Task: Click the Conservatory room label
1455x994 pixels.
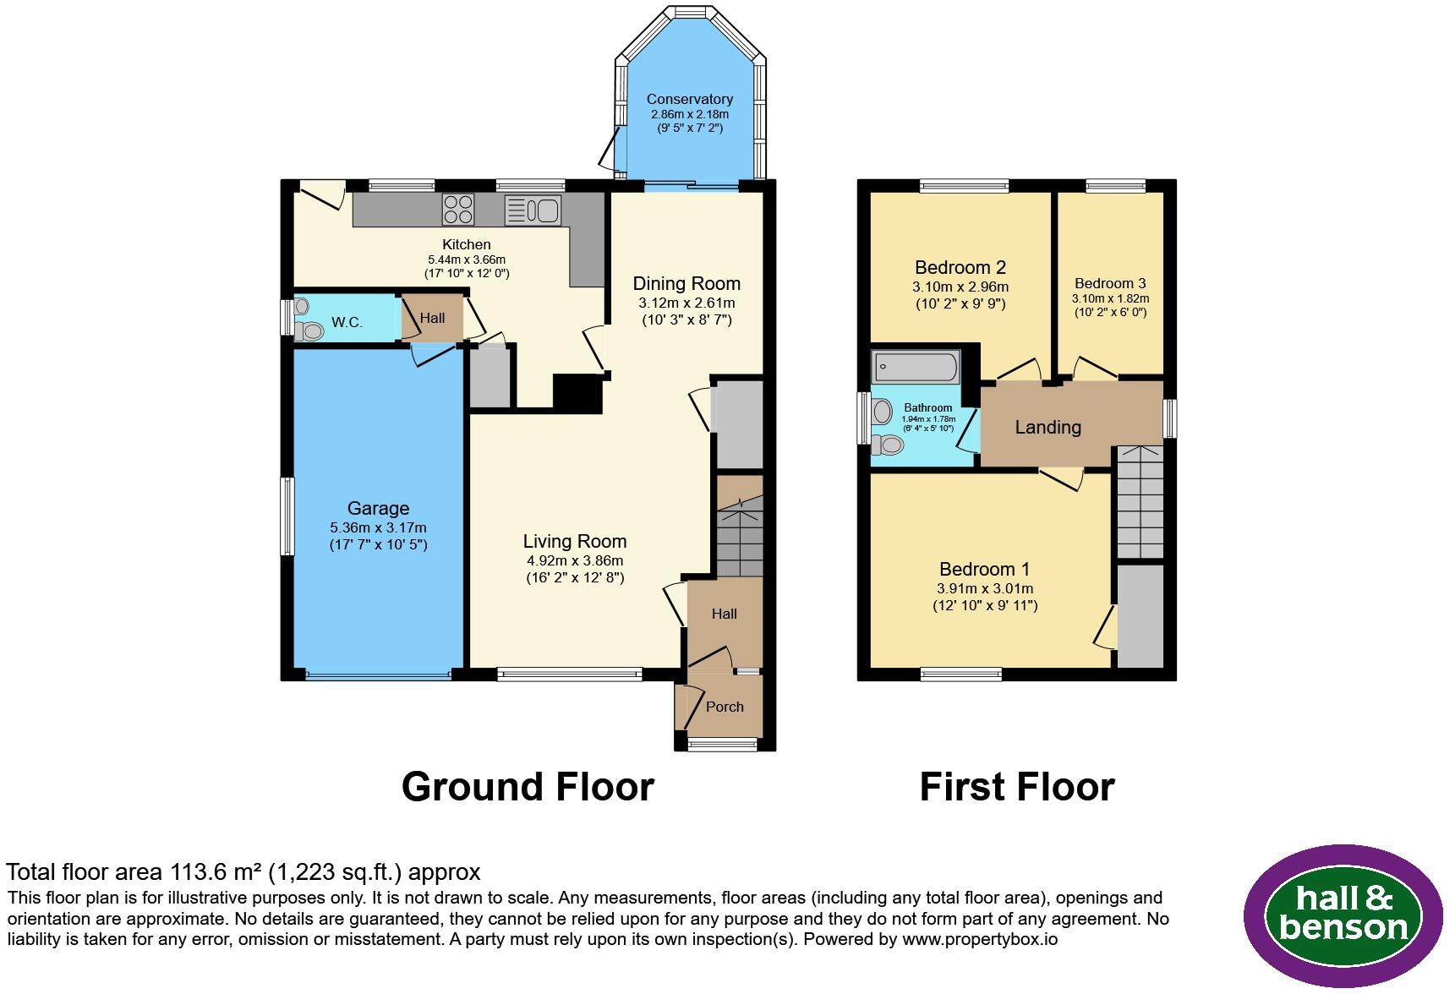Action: [689, 100]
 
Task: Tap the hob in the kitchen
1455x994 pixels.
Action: [458, 209]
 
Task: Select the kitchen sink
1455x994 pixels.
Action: [533, 210]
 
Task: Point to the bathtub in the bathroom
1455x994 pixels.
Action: [916, 367]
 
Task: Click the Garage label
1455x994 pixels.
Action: [378, 508]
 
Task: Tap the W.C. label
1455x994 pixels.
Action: [347, 322]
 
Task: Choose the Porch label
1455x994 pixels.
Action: [725, 707]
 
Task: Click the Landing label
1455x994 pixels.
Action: [1047, 427]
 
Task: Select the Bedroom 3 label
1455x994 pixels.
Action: [1110, 283]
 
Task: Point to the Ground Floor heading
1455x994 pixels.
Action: [528, 786]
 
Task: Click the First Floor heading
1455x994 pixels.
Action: [1017, 786]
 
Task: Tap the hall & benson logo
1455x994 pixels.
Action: [1343, 916]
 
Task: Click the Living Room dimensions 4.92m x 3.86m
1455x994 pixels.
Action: [575, 560]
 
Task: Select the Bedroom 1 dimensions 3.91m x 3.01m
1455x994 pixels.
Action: [985, 589]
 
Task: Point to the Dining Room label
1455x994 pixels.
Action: [686, 283]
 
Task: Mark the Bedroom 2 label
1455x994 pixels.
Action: [960, 267]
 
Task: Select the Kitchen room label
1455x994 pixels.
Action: [467, 244]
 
